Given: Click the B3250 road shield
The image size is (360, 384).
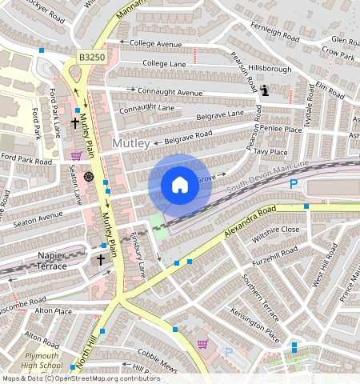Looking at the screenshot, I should point(92,58).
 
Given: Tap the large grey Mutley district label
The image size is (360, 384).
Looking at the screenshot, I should point(130,143).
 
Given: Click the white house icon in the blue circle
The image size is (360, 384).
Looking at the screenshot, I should point(180,185).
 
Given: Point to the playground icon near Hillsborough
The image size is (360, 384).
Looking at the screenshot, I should point(265,90).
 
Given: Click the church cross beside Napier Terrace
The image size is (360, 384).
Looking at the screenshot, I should point(101,260).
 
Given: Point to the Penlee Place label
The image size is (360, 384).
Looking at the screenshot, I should point(281,128).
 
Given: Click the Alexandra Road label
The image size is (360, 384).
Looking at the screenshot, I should point(247,220).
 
